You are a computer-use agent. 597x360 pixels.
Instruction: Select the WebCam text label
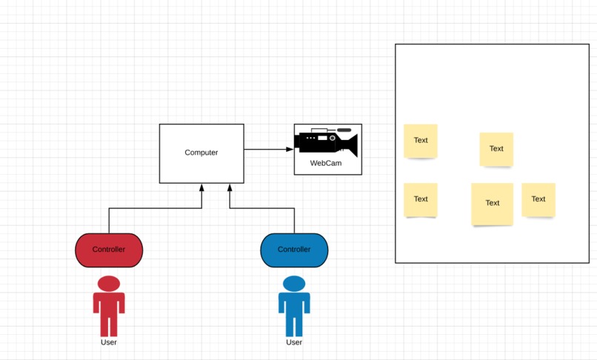(x=326, y=163)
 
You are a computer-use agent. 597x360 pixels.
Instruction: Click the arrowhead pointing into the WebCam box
(x=290, y=149)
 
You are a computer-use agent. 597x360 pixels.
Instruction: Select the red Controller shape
(x=109, y=250)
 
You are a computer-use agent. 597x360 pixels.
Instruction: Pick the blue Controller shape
(x=294, y=250)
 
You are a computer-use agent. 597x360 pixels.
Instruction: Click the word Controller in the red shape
(x=109, y=250)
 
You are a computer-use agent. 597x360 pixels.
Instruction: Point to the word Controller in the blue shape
(x=294, y=250)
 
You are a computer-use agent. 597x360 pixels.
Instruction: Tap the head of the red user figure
(x=109, y=283)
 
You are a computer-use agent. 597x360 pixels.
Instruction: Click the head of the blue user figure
(x=294, y=283)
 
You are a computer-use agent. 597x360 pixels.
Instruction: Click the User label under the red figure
(x=109, y=342)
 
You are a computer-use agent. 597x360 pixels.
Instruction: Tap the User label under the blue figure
(x=294, y=342)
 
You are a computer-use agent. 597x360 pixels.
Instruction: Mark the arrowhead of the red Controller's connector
(x=201, y=188)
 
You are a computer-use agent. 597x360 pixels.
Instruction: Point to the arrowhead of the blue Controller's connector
(x=230, y=188)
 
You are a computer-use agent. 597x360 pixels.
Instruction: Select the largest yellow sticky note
(x=492, y=204)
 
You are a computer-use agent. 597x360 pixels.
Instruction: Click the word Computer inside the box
(x=201, y=153)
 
